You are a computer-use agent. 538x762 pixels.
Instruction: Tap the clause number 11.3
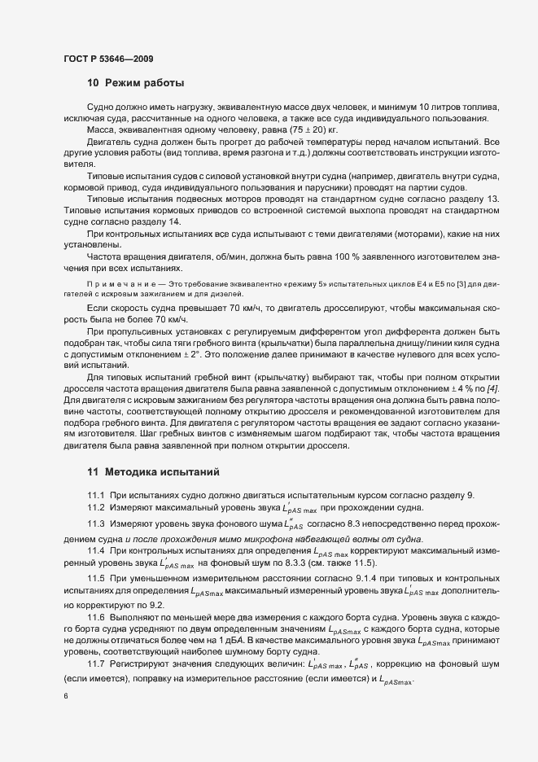click(96, 523)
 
